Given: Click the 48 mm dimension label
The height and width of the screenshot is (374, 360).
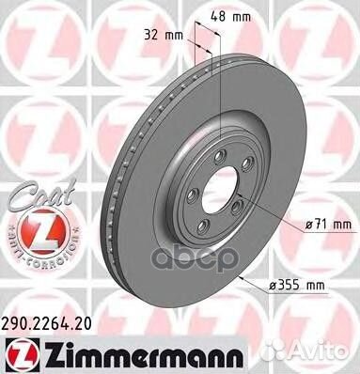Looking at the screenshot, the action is click(x=230, y=16).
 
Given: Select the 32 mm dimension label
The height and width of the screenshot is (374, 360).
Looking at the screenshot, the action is click(x=164, y=35).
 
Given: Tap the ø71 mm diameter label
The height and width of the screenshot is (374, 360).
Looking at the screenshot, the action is click(x=328, y=225).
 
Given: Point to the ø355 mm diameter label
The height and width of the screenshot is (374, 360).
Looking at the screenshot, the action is click(x=297, y=286).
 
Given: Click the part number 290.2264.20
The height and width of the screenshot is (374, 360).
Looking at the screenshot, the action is click(x=47, y=323).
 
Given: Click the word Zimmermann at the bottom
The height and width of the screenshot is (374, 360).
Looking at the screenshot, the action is click(x=142, y=356).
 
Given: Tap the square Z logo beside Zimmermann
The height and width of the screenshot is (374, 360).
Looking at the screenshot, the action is click(x=21, y=356).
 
